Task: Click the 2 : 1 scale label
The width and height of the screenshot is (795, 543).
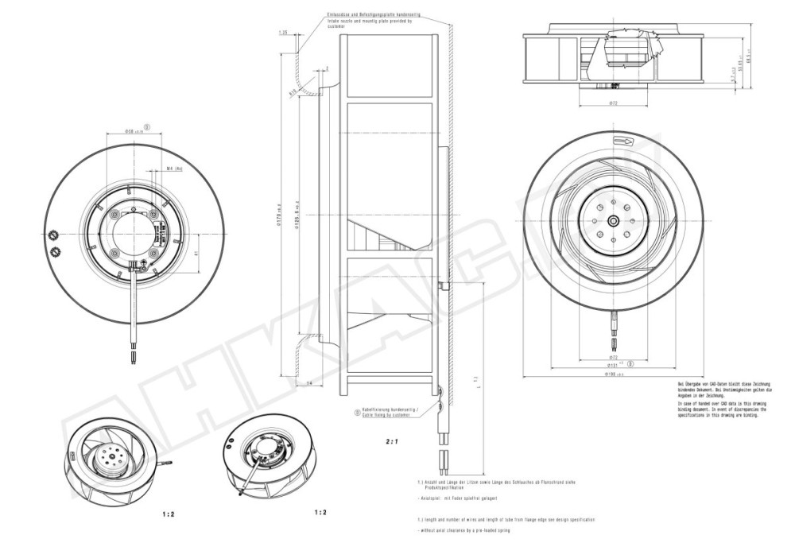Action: pyautogui.click(x=391, y=439)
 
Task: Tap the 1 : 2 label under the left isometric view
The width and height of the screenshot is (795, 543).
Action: pyautogui.click(x=168, y=514)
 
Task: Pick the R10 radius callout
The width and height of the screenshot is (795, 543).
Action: pyautogui.click(x=293, y=91)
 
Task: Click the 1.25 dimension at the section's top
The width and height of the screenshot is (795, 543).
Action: pyautogui.click(x=283, y=33)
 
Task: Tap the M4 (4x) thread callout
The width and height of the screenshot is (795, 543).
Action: pyautogui.click(x=176, y=169)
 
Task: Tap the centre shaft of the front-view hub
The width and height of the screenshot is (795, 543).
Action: pyautogui.click(x=614, y=220)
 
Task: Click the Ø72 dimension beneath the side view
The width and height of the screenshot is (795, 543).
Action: pyautogui.click(x=613, y=104)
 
